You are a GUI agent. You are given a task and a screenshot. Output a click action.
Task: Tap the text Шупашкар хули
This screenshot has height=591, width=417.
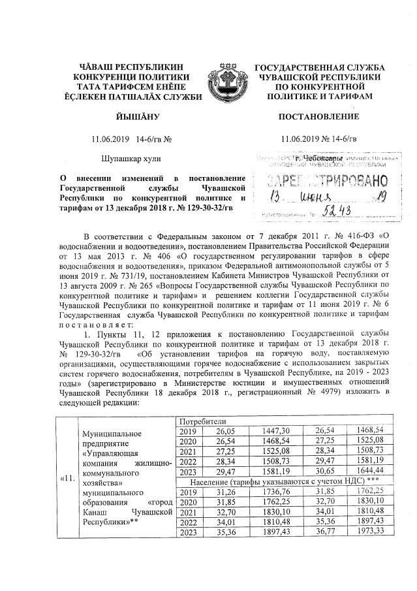point(131,159)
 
